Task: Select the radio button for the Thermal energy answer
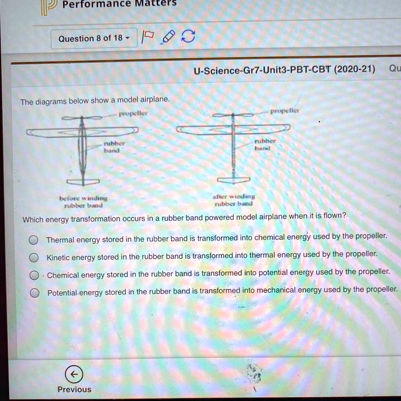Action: [x=33, y=240]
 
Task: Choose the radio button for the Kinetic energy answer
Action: [x=33, y=257]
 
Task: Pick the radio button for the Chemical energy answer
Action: [x=33, y=275]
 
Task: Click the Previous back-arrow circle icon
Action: [x=74, y=375]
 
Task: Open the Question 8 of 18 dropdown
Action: [x=94, y=39]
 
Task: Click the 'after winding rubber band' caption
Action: [x=233, y=200]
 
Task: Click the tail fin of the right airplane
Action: [x=234, y=180]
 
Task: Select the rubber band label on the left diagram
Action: [x=112, y=147]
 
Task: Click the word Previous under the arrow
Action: [x=74, y=389]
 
